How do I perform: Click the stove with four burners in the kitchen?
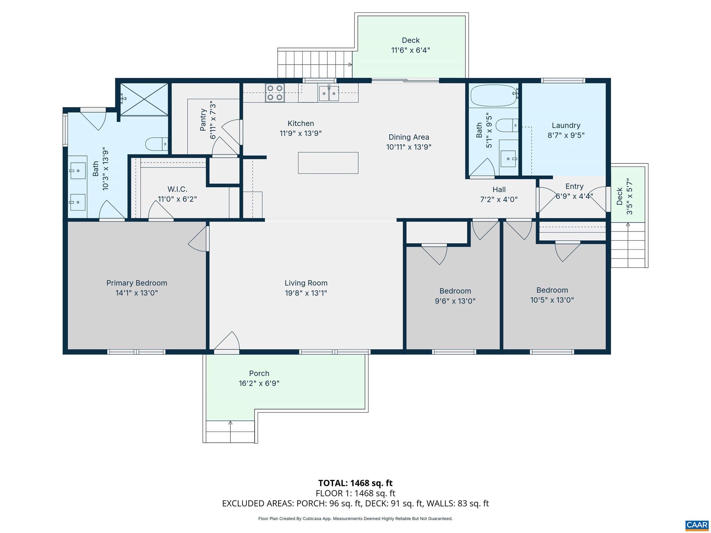(275, 93)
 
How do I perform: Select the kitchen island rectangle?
(328, 163)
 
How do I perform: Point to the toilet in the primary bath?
(156, 144)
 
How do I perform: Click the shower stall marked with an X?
(144, 99)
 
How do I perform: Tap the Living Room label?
(306, 283)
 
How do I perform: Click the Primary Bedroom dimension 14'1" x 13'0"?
(136, 293)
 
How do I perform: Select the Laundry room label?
(566, 125)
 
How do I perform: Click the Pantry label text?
(203, 120)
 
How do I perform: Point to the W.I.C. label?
(177, 189)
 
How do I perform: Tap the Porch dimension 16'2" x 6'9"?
(259, 383)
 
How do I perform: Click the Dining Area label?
(409, 137)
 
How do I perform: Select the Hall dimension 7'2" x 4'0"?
(499, 200)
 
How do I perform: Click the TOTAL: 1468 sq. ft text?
(355, 483)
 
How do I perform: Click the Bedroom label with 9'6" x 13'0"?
(455, 291)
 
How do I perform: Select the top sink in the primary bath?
(78, 170)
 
